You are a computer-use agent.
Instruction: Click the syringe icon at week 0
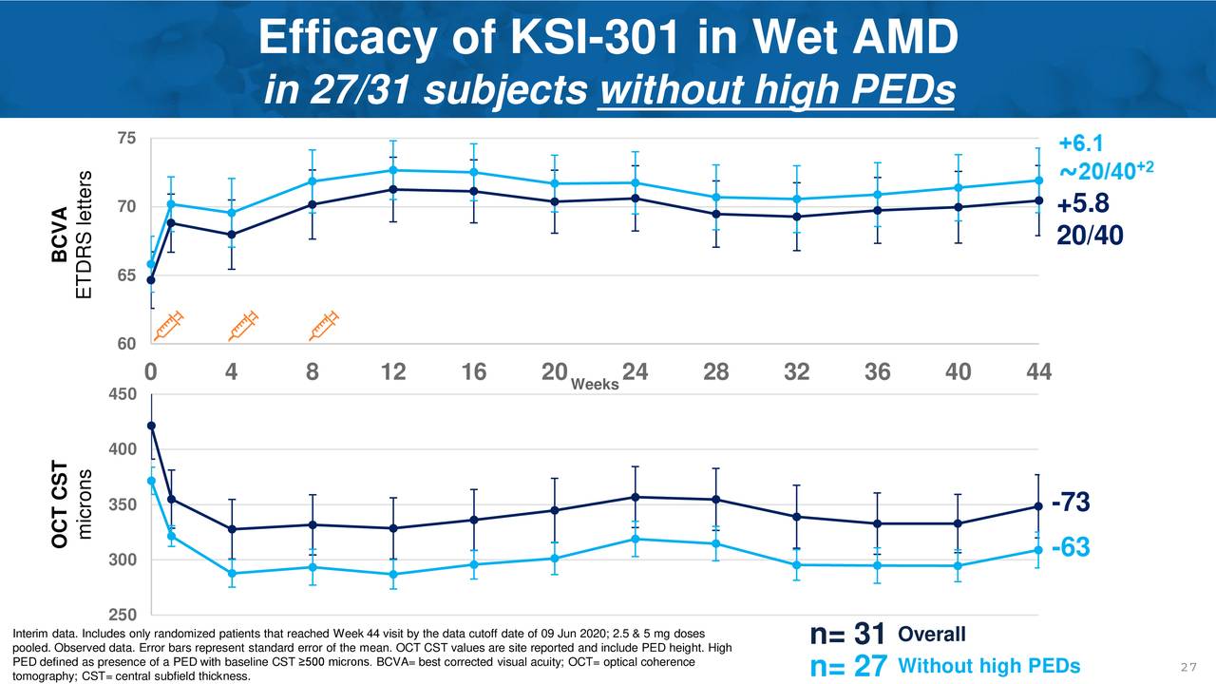coord(168,325)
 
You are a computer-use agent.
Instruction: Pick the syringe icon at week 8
coord(325,325)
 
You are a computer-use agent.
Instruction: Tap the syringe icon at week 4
coord(244,325)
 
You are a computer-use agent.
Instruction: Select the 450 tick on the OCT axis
coord(123,394)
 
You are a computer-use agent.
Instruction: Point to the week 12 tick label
coord(393,372)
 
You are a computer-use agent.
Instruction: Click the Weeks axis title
coord(595,384)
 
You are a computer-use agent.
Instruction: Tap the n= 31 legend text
coord(847,635)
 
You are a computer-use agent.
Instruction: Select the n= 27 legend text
coord(847,668)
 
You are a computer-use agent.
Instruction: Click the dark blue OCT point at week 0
coord(151,426)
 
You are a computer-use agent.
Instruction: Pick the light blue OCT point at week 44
coord(1038,550)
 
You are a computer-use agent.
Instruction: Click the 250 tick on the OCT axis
coord(123,615)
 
